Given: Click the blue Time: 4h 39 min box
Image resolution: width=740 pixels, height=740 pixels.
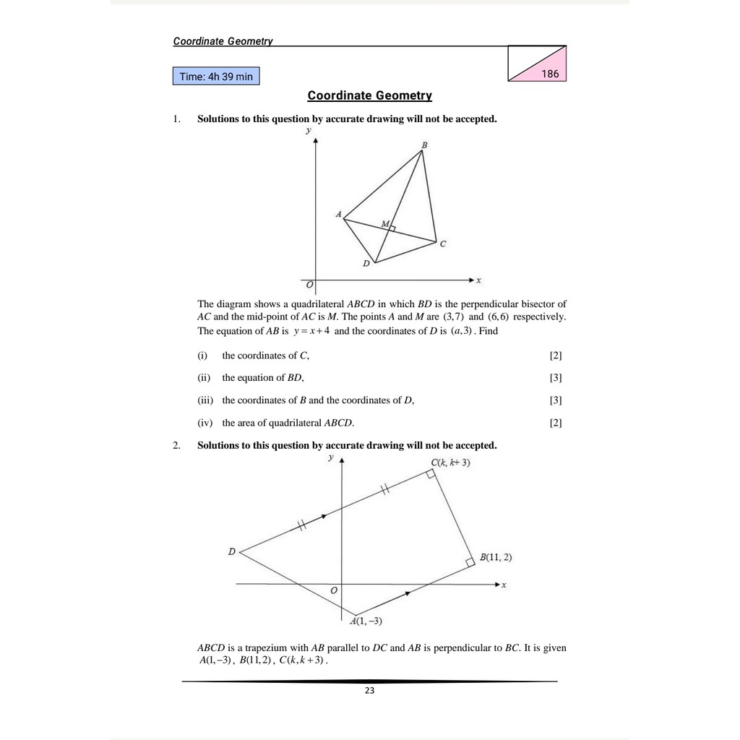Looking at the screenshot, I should [215, 76].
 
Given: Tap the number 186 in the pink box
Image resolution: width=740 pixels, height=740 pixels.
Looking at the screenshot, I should [549, 74].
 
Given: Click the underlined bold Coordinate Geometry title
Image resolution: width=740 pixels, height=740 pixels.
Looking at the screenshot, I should [369, 95].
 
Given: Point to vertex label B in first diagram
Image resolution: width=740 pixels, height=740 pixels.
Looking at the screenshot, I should [424, 146].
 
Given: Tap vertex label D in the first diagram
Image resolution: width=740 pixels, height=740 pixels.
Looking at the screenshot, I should [366, 264].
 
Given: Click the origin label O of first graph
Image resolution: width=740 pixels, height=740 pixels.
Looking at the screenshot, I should [309, 286].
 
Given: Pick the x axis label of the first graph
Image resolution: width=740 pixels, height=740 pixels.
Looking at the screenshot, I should [478, 279].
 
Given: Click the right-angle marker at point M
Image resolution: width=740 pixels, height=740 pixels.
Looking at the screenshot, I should [392, 228].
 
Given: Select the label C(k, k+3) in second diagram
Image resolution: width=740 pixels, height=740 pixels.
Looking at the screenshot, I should [450, 462].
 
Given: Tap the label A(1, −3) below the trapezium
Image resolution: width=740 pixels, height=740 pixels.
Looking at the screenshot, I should [366, 621].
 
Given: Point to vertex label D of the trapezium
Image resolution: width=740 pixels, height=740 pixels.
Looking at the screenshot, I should [231, 551].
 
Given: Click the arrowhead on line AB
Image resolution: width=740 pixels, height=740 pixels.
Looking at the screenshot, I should [409, 593].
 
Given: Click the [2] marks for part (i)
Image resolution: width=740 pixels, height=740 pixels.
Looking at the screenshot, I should [555, 356].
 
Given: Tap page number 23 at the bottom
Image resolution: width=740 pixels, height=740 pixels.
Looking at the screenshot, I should [369, 691].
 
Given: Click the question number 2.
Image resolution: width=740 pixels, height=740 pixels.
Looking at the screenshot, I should [176, 445].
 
